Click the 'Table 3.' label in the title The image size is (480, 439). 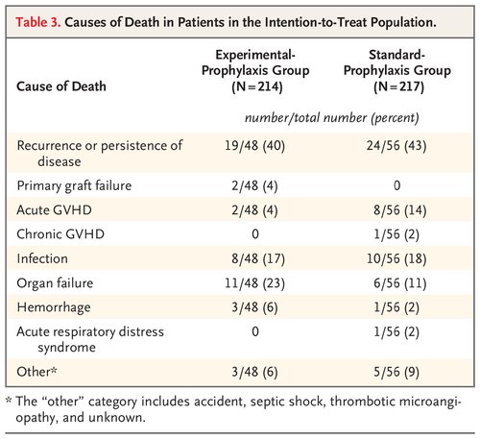pyautogui.click(x=42, y=19)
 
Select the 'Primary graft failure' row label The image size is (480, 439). pyautogui.click(x=76, y=183)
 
